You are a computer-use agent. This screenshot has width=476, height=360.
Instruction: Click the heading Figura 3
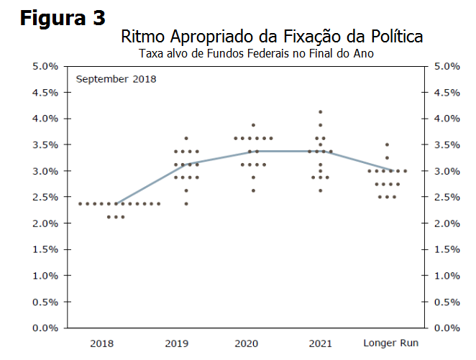(63, 17)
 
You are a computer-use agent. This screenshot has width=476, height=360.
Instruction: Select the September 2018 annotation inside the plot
(116, 78)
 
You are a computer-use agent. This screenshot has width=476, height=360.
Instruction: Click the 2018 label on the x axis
(101, 343)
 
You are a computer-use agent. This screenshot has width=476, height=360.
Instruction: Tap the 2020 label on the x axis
(247, 343)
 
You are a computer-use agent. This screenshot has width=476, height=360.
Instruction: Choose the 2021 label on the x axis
(320, 343)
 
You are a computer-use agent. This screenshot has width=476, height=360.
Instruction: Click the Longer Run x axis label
(391, 343)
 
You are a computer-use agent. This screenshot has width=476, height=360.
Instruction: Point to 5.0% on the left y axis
(45, 66)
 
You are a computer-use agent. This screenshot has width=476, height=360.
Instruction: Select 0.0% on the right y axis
(447, 328)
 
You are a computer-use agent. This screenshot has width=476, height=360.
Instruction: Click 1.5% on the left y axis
(45, 249)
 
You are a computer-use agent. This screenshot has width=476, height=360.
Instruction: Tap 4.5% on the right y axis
(447, 92)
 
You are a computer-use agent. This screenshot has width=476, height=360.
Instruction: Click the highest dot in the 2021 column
(321, 112)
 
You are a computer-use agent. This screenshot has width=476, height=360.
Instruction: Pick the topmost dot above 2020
(253, 125)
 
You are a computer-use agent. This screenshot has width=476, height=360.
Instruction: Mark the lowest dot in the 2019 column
(186, 203)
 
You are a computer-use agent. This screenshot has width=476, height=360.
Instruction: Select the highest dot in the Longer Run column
(387, 144)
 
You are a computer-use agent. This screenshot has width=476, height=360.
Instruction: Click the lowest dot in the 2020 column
(253, 190)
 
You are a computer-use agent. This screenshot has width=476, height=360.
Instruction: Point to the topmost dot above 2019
(186, 138)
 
